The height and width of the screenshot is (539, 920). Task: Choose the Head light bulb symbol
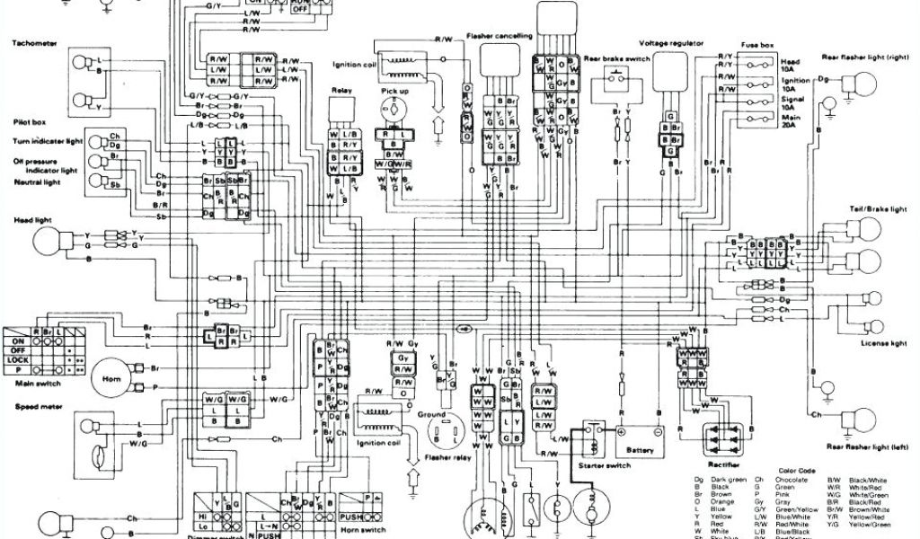[49, 241]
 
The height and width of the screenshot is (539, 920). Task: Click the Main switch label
[37, 383]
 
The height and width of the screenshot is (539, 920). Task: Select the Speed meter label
[35, 405]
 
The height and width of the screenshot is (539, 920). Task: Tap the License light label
[884, 343]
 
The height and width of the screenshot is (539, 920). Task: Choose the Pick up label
[394, 91]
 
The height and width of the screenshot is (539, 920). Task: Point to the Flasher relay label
[446, 468]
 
